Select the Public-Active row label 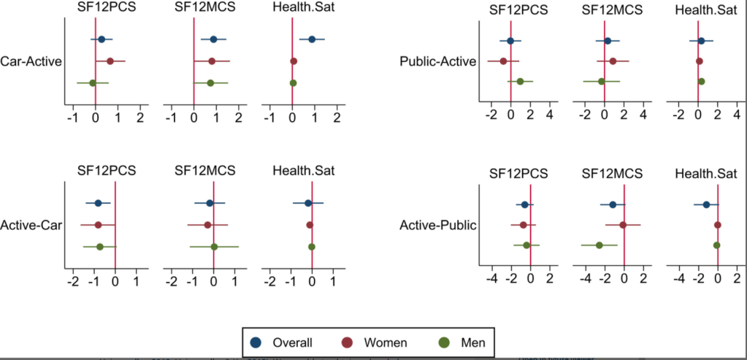437,61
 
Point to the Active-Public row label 437,225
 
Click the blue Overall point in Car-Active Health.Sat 312,39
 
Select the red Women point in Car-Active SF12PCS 110,61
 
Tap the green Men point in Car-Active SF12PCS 93,83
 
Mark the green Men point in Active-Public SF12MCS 599,245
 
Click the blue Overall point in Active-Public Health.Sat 706,204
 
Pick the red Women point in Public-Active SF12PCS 503,61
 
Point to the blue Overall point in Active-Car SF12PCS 98,203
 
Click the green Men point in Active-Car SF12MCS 214,247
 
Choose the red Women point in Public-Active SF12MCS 613,61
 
